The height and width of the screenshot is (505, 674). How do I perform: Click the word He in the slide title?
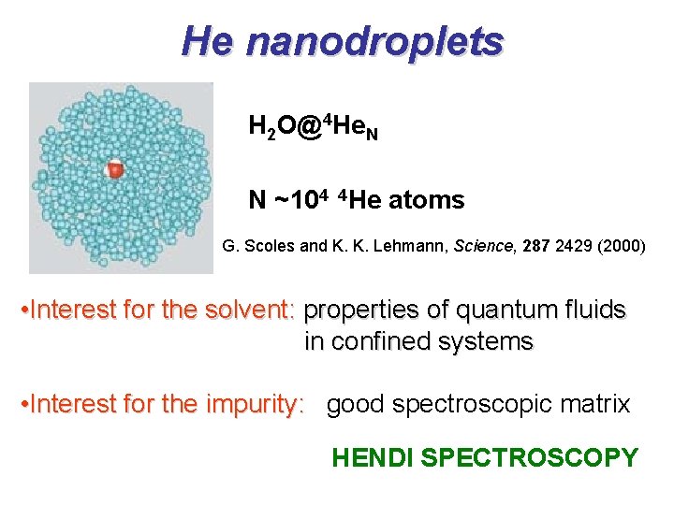point(209,40)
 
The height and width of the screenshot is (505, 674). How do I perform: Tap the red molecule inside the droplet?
point(114,169)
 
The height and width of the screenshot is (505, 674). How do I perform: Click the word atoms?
point(426,199)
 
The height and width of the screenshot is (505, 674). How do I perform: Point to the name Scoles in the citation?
point(269,247)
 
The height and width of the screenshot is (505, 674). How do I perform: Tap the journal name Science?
point(482,247)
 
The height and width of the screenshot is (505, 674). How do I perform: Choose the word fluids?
point(593,310)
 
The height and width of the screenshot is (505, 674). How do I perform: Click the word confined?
point(374,342)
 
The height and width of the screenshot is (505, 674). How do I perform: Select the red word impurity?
point(256,404)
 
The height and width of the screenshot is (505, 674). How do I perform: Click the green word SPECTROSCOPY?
point(529,457)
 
